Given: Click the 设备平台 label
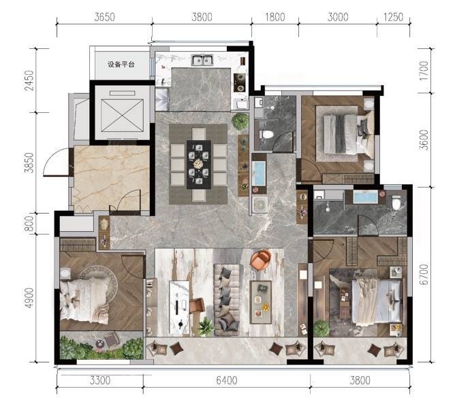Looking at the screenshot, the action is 121,65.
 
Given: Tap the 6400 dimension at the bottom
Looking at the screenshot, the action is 227,380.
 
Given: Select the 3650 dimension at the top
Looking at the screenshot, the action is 104,17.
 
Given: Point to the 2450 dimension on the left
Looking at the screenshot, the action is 29,80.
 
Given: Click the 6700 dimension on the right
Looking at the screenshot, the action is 424,274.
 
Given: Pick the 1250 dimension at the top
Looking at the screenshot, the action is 393,17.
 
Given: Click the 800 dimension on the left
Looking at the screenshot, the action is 29,224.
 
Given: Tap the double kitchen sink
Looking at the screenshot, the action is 202,61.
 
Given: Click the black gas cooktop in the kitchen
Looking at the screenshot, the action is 240,82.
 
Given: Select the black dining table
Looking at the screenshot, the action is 199,165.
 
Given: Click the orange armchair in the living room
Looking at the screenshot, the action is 261,260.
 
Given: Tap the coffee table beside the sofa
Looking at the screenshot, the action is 261,302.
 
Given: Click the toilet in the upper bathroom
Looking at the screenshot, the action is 266,135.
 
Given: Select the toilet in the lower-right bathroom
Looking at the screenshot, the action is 396,202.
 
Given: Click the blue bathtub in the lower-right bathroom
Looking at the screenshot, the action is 365,197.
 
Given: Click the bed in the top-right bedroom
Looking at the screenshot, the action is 345,134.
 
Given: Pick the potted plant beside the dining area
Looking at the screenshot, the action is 240,122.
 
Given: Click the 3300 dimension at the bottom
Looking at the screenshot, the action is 100,380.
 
